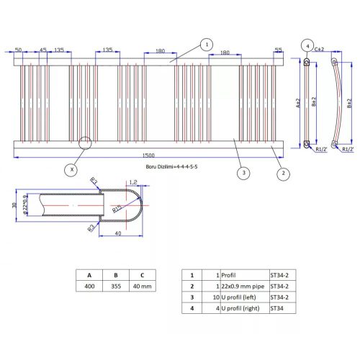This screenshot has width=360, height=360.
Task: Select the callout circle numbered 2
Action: (284, 173)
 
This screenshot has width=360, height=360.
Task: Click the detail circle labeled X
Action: (71, 170)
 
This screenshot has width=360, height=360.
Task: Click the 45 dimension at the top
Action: (42, 50)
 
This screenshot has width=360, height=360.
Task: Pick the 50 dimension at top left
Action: (18, 50)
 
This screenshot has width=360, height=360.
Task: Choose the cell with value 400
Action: (89, 287)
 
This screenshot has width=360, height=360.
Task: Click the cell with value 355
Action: (115, 287)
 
